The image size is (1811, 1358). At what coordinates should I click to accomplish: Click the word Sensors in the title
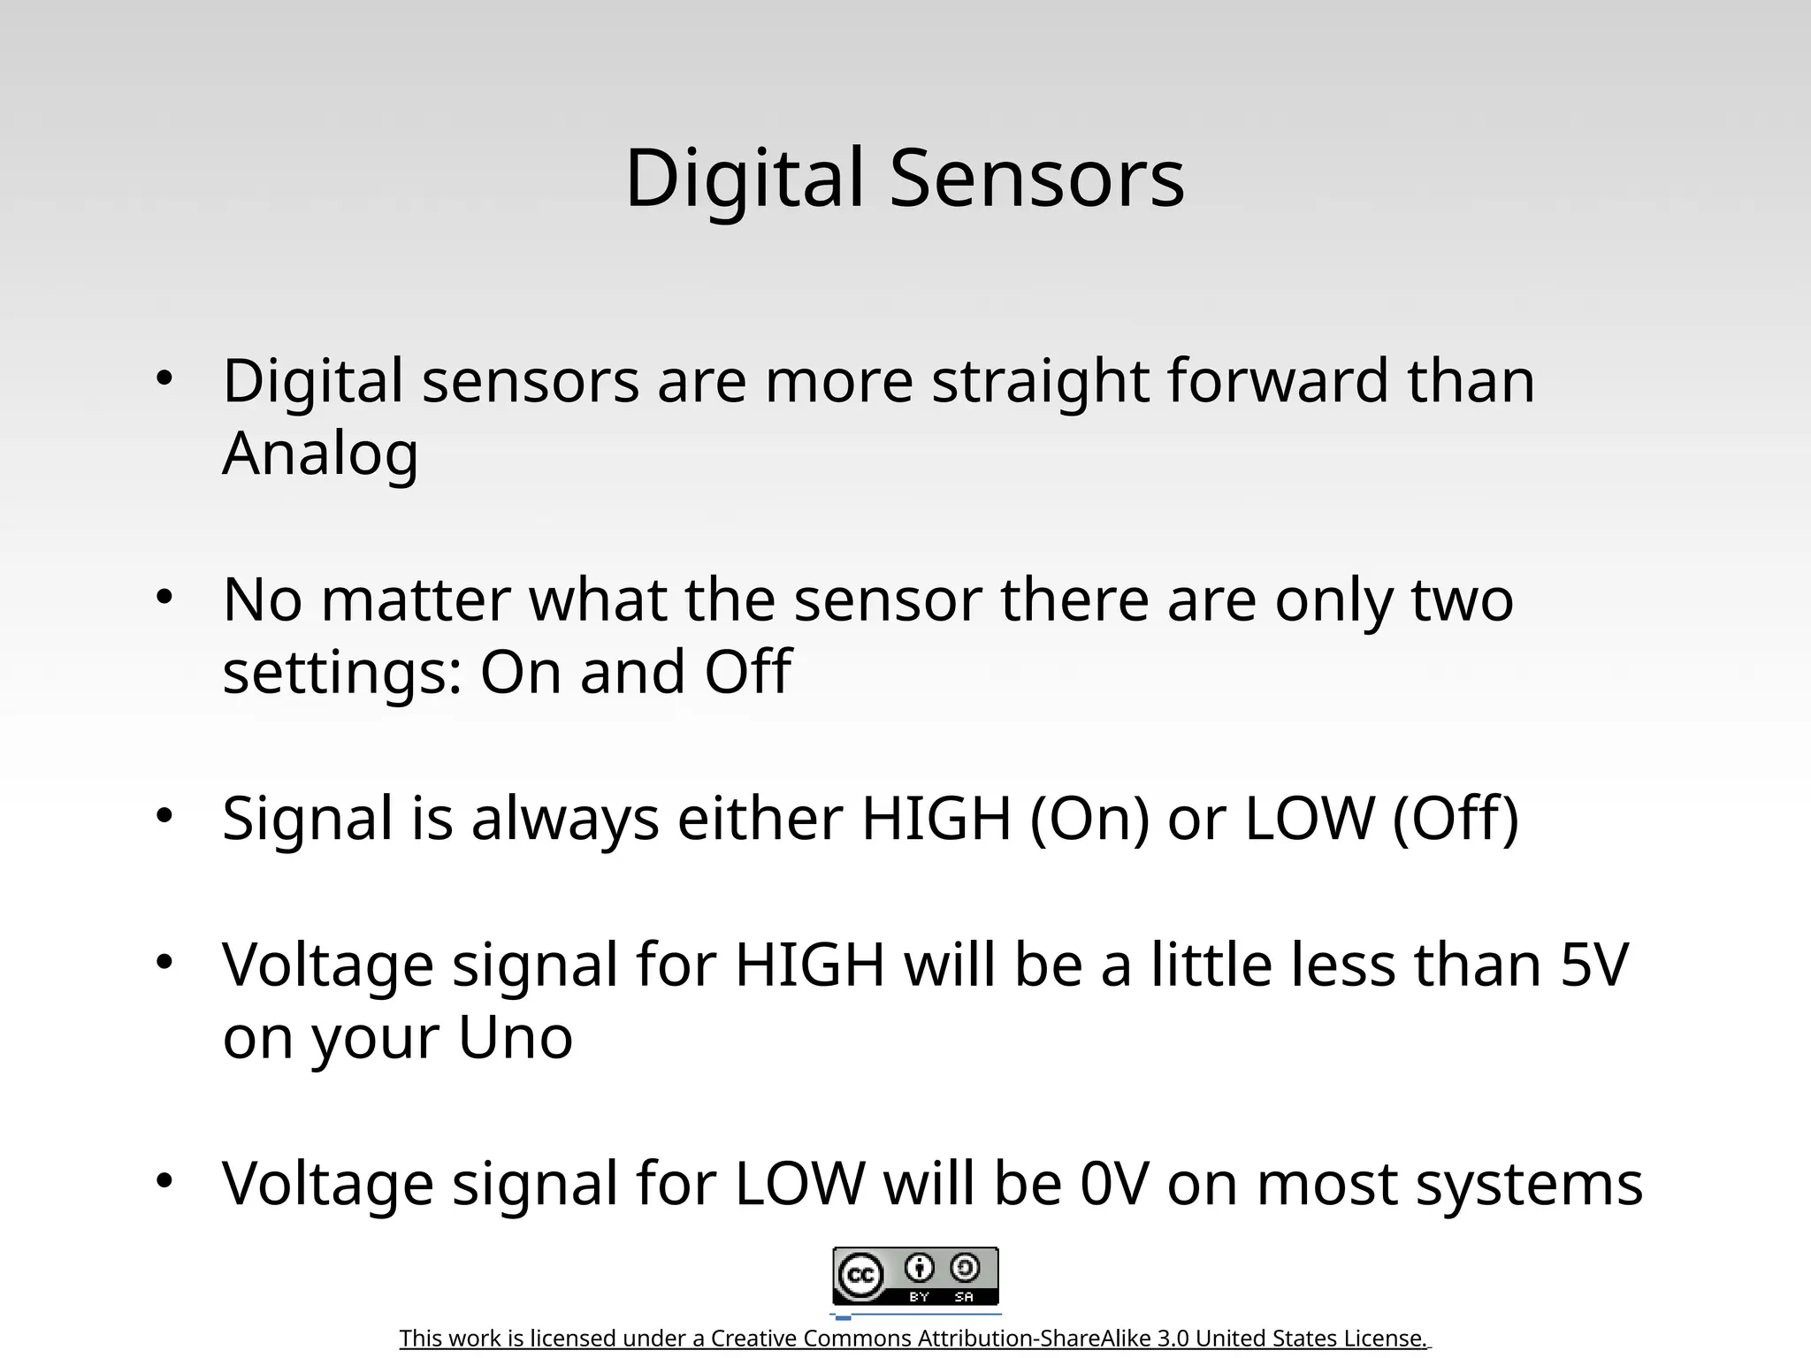[1036, 179]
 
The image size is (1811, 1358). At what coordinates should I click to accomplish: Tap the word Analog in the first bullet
[320, 454]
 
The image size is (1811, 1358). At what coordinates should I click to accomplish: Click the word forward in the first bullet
[1278, 381]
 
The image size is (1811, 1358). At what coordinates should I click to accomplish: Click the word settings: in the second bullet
[342, 673]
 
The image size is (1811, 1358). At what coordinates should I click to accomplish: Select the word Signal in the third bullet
[307, 819]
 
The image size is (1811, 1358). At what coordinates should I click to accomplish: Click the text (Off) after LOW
[1456, 819]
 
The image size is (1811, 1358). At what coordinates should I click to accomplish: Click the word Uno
[516, 1037]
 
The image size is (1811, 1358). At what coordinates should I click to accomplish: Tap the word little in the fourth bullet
[1211, 965]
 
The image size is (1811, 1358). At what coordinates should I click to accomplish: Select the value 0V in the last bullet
[1113, 1184]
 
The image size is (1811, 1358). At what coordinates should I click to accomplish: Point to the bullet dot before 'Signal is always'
[164, 816]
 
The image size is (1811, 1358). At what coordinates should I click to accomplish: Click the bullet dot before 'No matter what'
[164, 598]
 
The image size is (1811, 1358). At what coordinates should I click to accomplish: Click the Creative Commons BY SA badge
[915, 1276]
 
